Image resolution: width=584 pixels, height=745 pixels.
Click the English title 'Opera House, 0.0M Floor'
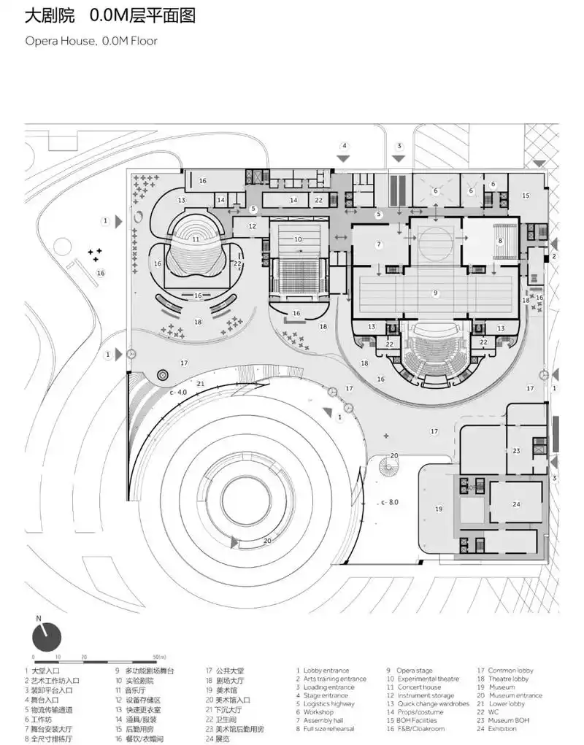[x=91, y=41]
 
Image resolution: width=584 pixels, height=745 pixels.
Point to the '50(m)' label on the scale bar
[x=161, y=658]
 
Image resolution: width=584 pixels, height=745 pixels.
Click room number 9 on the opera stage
[x=435, y=293]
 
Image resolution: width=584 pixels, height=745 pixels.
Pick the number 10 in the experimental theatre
[x=298, y=239]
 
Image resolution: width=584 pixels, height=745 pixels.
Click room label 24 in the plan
[x=515, y=504]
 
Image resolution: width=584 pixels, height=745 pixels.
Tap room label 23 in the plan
[x=515, y=451]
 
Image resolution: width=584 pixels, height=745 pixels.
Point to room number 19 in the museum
[x=439, y=509]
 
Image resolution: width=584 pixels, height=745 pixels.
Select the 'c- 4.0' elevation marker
[x=178, y=393]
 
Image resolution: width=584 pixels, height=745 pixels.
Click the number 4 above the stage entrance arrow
[x=345, y=145]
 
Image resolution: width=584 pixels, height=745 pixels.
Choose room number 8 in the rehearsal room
[x=500, y=241]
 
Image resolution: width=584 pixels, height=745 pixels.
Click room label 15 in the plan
[x=525, y=196]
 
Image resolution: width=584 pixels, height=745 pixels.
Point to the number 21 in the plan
[x=200, y=384]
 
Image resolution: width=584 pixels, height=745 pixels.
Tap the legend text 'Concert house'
[x=418, y=687]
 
